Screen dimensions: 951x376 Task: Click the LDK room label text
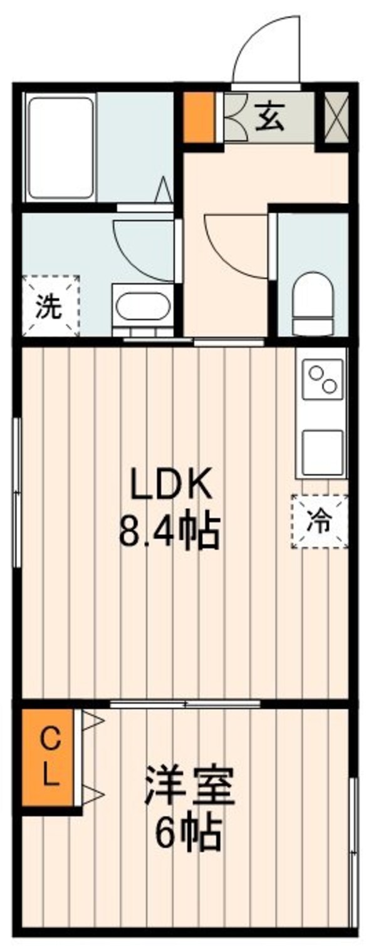[171, 484]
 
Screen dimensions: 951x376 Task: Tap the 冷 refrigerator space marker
[320, 521]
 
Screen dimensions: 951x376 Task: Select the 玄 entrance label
[269, 118]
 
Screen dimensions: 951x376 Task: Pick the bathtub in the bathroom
[60, 148]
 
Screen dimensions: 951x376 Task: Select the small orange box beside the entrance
[199, 117]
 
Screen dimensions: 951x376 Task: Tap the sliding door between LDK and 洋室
[185, 704]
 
